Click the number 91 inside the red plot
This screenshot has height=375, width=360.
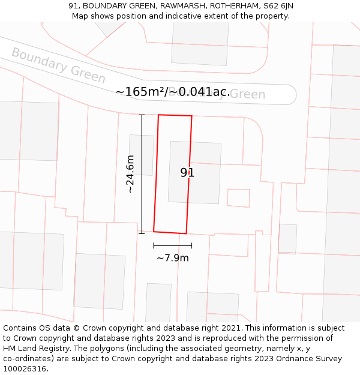pos(187,173)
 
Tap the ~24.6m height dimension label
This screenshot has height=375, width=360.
pos(130,174)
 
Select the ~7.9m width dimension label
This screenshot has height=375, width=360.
pos(173,258)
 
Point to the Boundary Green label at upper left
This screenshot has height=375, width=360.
pos(58,65)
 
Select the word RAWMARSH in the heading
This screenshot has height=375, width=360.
pos(178,6)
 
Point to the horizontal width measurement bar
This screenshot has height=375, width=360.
pos(173,245)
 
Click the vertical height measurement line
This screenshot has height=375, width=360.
pos(142,174)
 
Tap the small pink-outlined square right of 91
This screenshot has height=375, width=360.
pos(238,198)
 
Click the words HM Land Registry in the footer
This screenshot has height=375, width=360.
pos(38,349)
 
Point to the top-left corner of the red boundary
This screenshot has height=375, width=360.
pos(159,115)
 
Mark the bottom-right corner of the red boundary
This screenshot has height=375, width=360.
pos(186,233)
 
